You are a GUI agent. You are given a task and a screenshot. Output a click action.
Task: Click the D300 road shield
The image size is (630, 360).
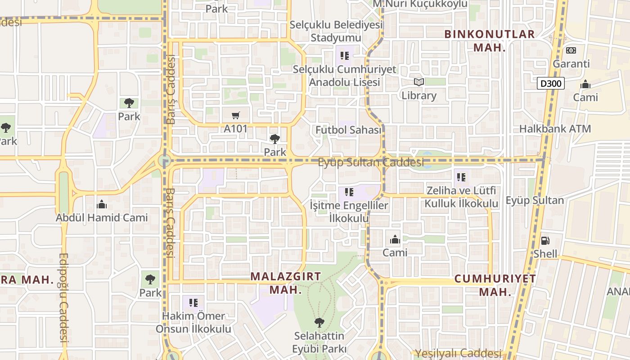pos(551,83)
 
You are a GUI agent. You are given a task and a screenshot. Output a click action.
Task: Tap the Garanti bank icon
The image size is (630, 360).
pos(571,50)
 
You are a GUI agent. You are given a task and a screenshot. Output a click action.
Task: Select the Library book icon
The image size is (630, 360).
pos(419,82)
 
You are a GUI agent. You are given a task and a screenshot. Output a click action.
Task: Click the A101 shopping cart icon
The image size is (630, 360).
pos(235,116)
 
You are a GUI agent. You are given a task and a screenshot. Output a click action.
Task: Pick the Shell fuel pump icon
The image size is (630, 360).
pos(545,240)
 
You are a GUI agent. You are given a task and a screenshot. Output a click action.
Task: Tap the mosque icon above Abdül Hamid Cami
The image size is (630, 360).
pos(102,204)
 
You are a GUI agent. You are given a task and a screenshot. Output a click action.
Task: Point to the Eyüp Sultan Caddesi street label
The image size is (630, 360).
pos(371,162)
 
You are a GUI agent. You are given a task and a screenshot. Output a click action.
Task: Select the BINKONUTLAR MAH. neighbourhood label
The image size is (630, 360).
pos(490,40)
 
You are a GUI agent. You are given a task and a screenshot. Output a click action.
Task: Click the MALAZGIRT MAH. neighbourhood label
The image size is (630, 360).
pos(286,283)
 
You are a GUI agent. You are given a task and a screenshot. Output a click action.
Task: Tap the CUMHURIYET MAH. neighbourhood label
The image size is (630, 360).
pos(495,285)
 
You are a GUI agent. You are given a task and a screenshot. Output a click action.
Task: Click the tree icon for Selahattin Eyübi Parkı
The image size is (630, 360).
pos(319,322)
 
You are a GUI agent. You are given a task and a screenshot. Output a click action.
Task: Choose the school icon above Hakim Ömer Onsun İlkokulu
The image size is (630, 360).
pos(193,302)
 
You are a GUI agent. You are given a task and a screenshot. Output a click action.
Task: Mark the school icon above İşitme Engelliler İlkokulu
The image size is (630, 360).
pos(349,192)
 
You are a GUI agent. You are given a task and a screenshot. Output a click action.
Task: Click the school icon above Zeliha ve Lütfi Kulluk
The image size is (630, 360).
pos(461,177)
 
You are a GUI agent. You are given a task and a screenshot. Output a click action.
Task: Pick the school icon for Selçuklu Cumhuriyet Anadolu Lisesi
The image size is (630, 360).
pos(345,56)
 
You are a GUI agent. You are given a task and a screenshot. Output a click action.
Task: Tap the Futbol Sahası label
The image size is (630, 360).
pos(348,130)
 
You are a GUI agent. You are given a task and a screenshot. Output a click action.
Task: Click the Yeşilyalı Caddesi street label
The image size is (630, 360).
pos(458,354)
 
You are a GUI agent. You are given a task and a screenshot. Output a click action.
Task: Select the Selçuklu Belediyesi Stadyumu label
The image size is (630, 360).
pos(336,31)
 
